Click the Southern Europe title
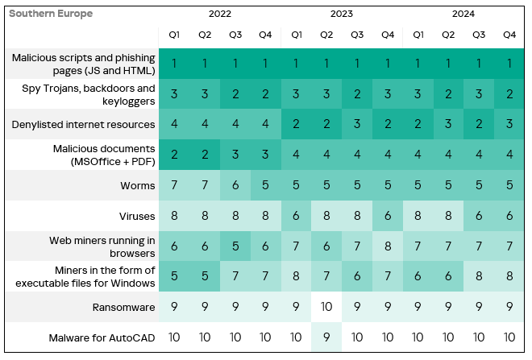point(50,14)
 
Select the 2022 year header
point(220,14)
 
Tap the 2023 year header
point(342,14)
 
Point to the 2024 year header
point(463,14)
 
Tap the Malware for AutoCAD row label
point(102,337)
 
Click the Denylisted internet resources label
point(83,125)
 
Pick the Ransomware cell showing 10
point(326,307)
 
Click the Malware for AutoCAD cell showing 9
point(326,337)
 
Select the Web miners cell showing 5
point(235,246)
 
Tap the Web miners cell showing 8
point(388,246)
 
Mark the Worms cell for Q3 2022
point(235,186)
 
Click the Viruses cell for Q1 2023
point(296,216)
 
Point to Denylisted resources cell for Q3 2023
point(357,125)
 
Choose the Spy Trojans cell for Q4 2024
point(509,94)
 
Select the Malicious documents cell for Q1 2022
point(174,155)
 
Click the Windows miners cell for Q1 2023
point(296,277)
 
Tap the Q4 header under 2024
point(509,35)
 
